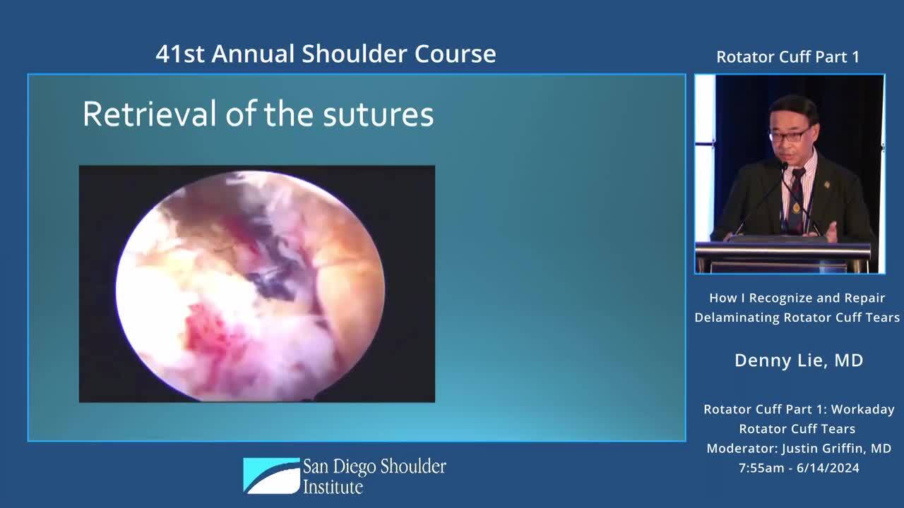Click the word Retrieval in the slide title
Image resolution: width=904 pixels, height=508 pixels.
coord(150,114)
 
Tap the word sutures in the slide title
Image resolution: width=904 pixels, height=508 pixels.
coord(378,115)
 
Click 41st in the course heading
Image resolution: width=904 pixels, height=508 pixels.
coord(180,54)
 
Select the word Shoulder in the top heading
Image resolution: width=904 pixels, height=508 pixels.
coord(355,54)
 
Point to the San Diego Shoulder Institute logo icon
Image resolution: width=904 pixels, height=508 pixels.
coord(271,476)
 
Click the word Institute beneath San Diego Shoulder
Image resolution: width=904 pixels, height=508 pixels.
coord(333,487)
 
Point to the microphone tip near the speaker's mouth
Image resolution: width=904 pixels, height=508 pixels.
coord(784,165)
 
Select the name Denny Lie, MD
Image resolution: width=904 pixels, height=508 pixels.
coord(799,361)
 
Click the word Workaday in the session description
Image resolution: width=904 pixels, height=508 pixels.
coord(862,410)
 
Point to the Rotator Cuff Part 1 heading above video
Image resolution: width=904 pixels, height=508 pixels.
coord(787,57)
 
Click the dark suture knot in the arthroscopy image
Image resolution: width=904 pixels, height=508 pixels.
coord(271,282)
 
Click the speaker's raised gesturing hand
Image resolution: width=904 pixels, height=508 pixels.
coord(831,232)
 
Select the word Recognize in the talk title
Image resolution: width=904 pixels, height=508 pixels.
coord(780,298)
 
